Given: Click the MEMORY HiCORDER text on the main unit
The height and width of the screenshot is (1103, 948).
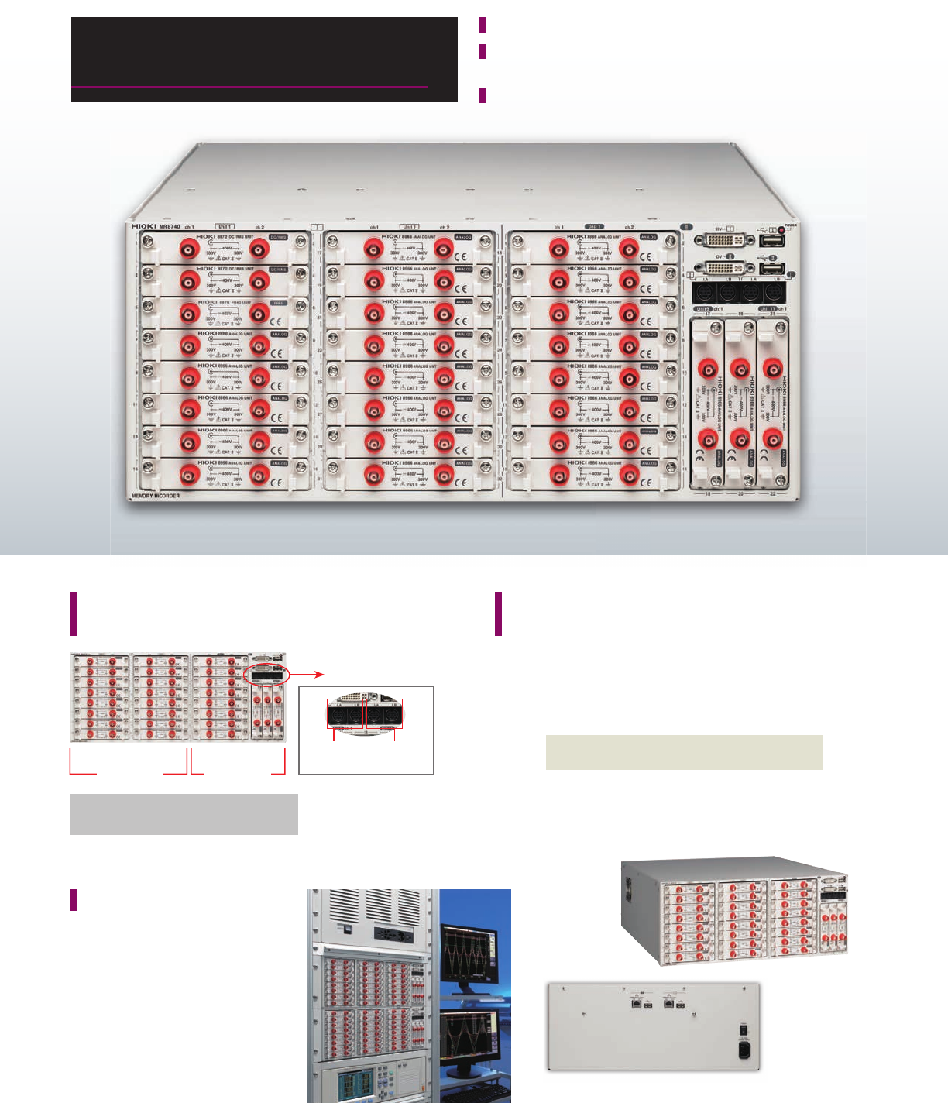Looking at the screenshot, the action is pos(156,494).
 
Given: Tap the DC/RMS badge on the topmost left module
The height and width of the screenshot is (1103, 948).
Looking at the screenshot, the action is pos(278,237).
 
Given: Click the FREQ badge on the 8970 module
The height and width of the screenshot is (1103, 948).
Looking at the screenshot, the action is pos(278,302).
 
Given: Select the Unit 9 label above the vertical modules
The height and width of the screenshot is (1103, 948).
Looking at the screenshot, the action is pos(703,309).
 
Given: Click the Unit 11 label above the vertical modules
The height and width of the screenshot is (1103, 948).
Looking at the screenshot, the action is pos(767,309).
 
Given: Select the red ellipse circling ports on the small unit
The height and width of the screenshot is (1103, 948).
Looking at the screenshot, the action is pos(266,675).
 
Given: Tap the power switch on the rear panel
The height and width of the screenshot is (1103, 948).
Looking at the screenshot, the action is pos(745,1030).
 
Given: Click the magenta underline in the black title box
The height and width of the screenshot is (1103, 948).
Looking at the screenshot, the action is pos(249,88).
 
